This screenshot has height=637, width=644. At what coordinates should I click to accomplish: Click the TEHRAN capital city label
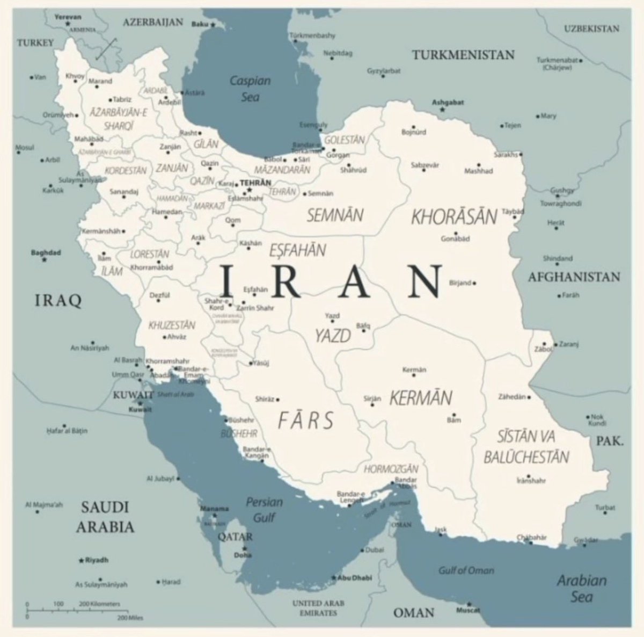[x=255, y=183]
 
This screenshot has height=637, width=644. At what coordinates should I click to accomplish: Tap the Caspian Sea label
[x=250, y=89]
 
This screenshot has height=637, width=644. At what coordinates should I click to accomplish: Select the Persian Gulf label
[x=264, y=509]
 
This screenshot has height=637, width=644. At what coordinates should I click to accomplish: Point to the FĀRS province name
[x=305, y=420]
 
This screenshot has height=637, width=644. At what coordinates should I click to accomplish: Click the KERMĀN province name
[x=421, y=398]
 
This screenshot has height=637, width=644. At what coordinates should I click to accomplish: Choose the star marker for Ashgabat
[x=442, y=110]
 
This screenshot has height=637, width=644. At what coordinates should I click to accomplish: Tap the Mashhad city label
[x=478, y=171]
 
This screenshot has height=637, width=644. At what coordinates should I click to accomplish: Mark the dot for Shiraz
[x=277, y=400]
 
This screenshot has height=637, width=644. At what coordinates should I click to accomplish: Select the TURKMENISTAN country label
[x=463, y=55]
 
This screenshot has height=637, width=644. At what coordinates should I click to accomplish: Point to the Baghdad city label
[x=46, y=252]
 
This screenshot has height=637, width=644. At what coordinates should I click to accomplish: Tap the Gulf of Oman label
[x=466, y=570]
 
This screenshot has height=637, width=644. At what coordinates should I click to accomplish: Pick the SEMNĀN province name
[x=335, y=215]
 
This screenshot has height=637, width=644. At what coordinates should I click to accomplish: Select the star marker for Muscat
[x=469, y=604]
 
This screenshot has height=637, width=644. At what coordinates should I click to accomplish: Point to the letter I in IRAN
[x=226, y=281]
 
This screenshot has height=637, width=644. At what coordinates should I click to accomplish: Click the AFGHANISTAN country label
[x=574, y=277]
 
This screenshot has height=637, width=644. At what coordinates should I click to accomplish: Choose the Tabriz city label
[x=122, y=99]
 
